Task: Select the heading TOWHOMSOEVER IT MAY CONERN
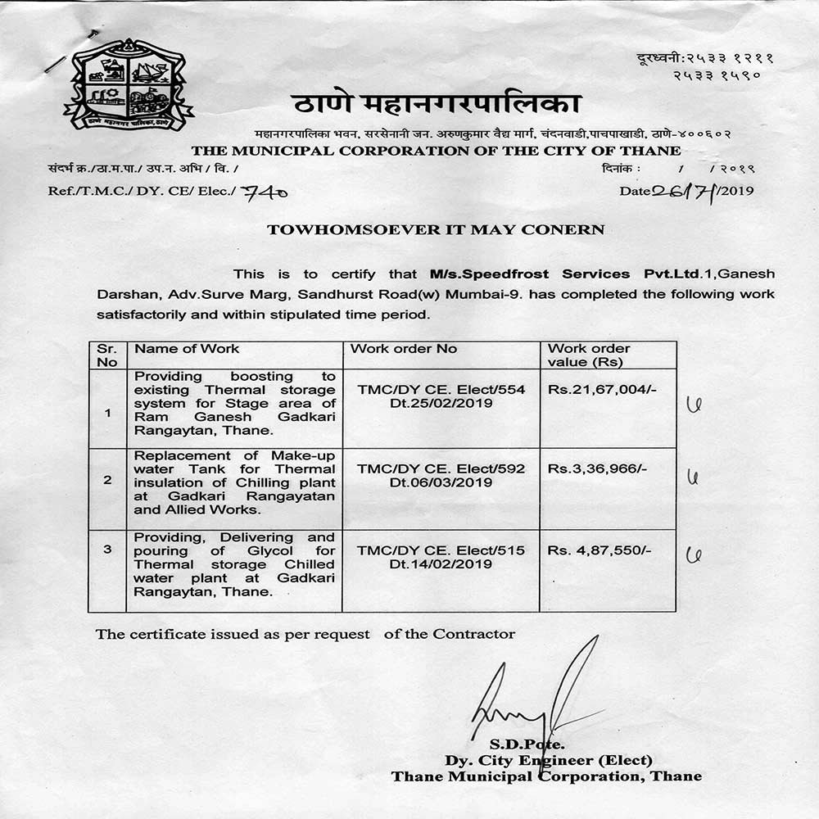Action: pos(436,229)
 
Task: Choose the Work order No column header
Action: pos(404,349)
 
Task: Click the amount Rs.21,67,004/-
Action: pos(602,389)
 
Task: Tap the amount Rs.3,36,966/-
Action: pos(597,468)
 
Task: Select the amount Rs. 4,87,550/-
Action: pos(600,550)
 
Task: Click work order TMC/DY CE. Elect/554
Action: pos(441,389)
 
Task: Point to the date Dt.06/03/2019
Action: pos(441,482)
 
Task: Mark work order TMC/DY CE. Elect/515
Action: pos(441,550)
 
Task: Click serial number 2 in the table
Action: pos(107,480)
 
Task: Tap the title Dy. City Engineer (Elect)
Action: pos(549,760)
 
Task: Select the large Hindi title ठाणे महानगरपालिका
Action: pos(436,105)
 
